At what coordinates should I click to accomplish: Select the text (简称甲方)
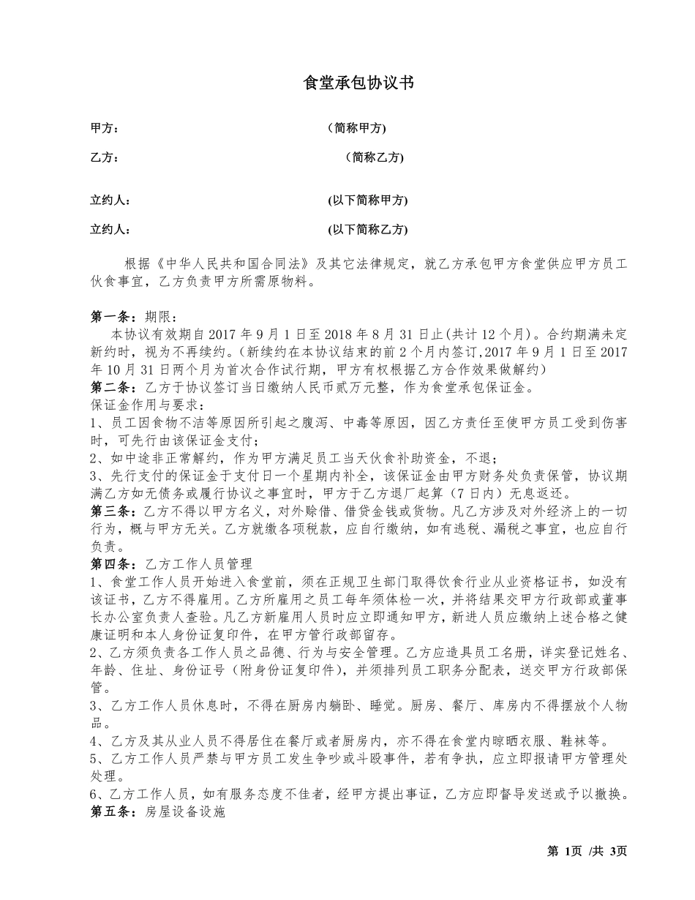click(x=356, y=128)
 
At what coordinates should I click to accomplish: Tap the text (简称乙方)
click(x=374, y=157)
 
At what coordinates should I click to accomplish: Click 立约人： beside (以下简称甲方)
click(x=110, y=200)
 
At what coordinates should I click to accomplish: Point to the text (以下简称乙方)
click(x=367, y=229)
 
